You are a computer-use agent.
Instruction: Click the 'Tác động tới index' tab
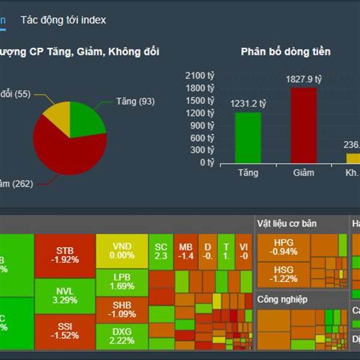click(63, 20)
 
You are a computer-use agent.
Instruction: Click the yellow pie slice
click(57, 117)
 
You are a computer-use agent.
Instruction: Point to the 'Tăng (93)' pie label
click(134, 101)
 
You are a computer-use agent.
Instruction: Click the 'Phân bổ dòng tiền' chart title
click(286, 52)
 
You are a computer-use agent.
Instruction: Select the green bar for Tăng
click(248, 137)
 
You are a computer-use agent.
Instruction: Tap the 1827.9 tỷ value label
click(303, 79)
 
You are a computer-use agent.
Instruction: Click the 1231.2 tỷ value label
click(248, 104)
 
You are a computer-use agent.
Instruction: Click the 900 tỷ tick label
click(205, 125)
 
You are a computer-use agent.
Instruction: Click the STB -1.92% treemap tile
click(65, 255)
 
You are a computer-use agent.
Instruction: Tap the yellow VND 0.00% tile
click(122, 251)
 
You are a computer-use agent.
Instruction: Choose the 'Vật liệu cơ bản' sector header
click(287, 224)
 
